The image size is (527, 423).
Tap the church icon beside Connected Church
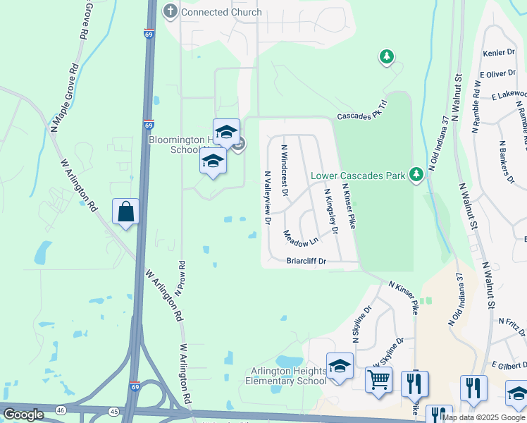(x=170, y=11)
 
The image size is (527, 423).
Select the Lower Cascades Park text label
(x=358, y=175)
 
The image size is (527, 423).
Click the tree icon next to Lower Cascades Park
(x=416, y=173)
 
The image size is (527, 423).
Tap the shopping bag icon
(x=125, y=211)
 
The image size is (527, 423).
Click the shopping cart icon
(x=378, y=381)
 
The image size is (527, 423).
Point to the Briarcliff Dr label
(x=306, y=261)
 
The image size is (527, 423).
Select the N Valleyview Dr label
(x=267, y=197)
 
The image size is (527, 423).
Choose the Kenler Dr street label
(x=500, y=53)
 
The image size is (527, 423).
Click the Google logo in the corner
(x=23, y=415)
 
